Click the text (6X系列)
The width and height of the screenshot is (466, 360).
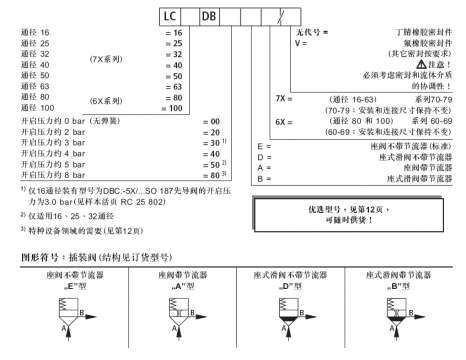point(106,97)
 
